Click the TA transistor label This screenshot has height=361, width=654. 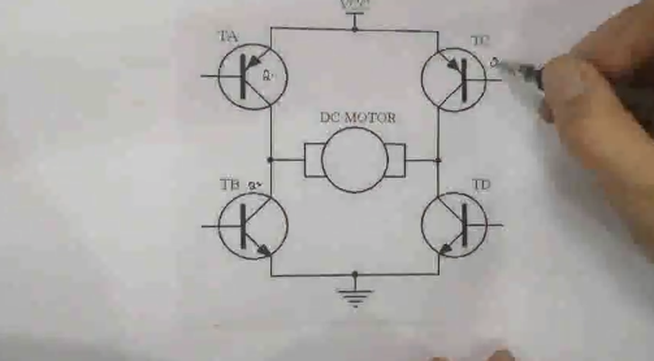click(228, 36)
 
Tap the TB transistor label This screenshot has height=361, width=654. click(229, 184)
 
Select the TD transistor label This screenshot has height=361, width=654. click(481, 185)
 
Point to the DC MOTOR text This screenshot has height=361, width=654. click(358, 118)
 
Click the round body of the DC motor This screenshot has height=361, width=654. click(355, 160)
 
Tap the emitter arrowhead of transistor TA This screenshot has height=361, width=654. click(254, 61)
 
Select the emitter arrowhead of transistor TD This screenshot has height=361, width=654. click(446, 249)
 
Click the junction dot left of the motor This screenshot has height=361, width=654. click(271, 160)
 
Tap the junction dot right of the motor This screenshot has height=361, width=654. click(438, 160)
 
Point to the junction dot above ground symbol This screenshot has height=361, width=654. click(355, 275)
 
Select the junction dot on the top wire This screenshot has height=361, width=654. click(355, 29)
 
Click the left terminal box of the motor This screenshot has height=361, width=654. click(313, 160)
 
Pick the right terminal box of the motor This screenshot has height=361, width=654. click(395, 160)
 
